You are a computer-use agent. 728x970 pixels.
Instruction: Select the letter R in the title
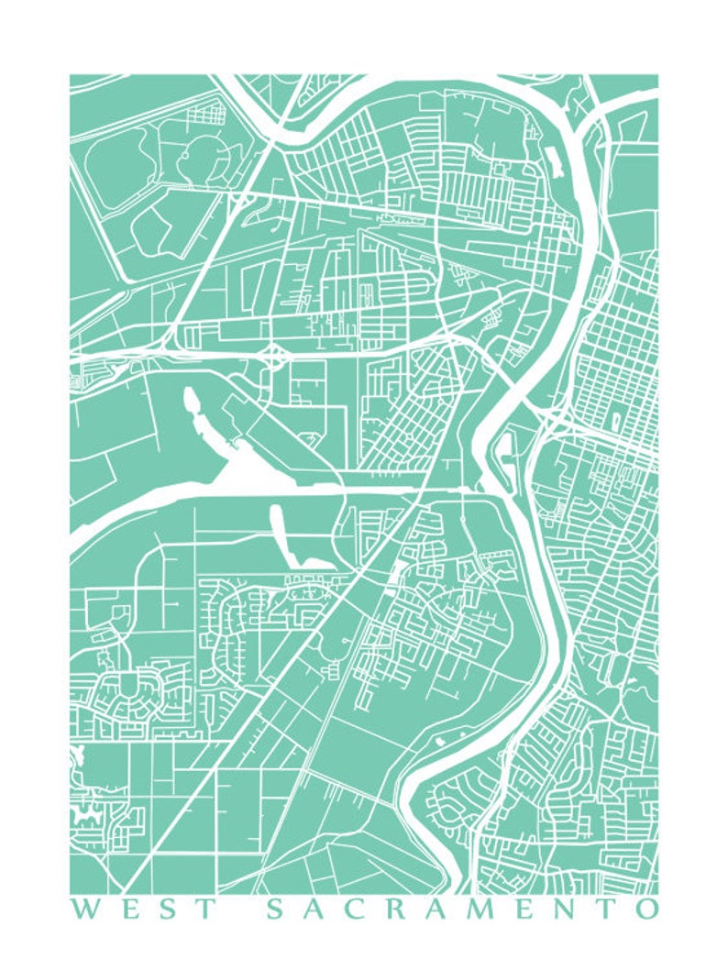(x=394, y=909)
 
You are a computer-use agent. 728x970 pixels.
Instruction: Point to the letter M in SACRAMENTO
(x=486, y=909)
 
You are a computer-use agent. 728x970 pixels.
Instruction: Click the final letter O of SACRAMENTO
(x=648, y=909)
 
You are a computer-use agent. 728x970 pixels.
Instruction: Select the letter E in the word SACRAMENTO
(x=531, y=909)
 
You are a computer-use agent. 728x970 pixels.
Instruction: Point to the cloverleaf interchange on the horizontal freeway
(x=274, y=352)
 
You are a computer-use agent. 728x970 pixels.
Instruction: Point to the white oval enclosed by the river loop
(x=506, y=448)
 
